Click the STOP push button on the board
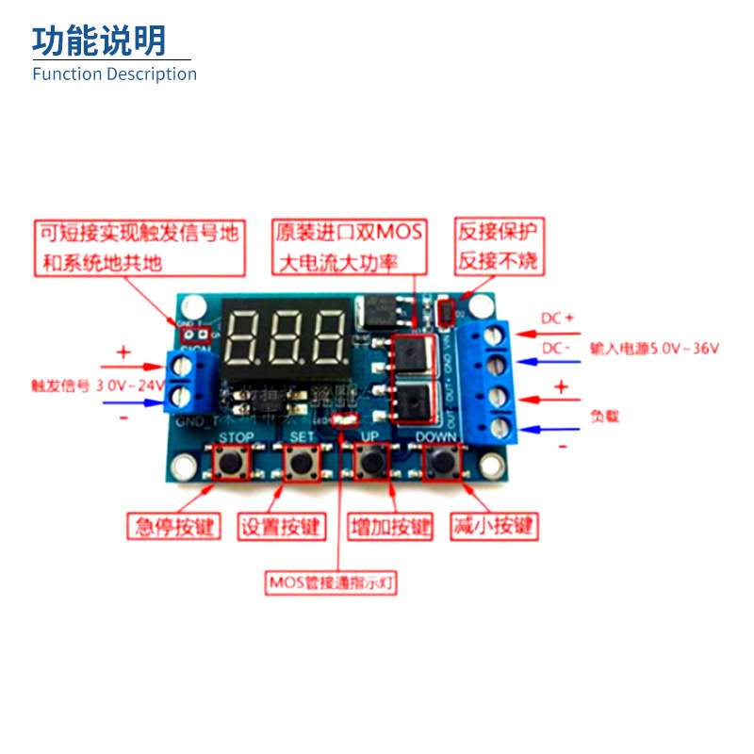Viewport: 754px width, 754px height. (x=229, y=463)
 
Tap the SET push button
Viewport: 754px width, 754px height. (x=301, y=463)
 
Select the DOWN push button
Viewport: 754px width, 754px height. (x=440, y=463)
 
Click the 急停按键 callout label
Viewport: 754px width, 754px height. (x=172, y=526)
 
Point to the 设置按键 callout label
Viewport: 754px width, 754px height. (x=280, y=526)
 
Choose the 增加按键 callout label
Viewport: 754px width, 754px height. (x=389, y=526)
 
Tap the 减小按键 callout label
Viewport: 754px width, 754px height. (x=493, y=526)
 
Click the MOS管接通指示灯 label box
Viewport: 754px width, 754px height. (x=331, y=582)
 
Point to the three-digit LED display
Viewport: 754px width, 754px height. (x=287, y=336)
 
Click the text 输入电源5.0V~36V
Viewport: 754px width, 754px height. (x=655, y=349)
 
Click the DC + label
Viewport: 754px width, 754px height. (x=557, y=319)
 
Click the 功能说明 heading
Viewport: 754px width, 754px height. (x=99, y=41)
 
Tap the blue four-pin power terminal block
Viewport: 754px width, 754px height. (x=494, y=382)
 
